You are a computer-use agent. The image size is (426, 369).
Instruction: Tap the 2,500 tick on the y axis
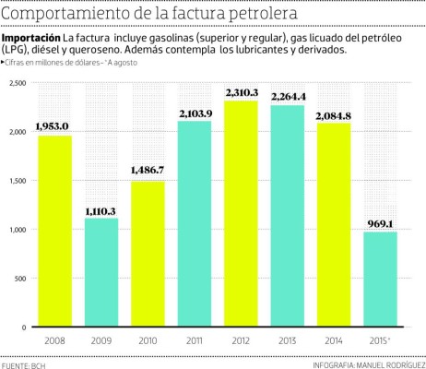(17, 83)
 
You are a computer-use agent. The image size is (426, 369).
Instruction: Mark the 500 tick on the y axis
(19, 279)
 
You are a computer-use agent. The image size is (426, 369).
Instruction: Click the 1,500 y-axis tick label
(17, 181)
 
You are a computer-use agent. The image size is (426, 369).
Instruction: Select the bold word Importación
(31, 37)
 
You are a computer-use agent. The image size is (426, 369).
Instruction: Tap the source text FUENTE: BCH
(24, 363)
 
